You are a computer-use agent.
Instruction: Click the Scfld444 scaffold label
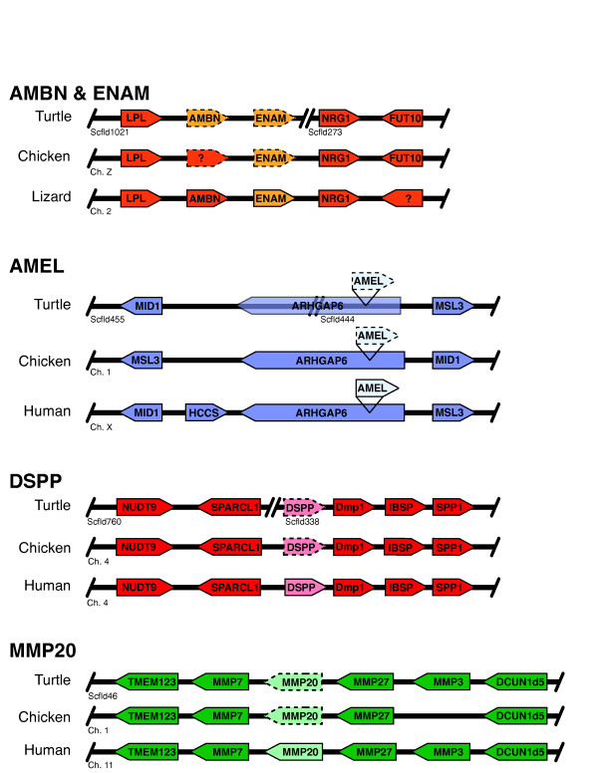pyautogui.click(x=338, y=319)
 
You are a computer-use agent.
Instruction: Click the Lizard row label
pyautogui.click(x=51, y=196)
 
